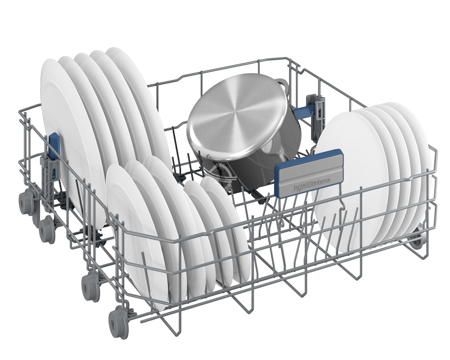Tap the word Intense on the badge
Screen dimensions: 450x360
click(x=321, y=182)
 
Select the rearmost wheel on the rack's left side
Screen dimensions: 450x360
click(x=26, y=202)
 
